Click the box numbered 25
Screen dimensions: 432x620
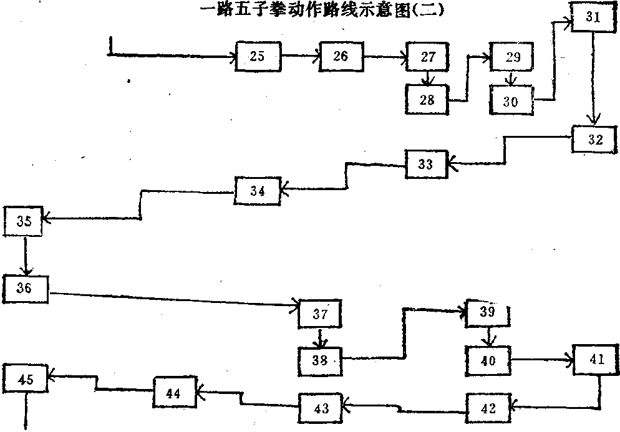258,56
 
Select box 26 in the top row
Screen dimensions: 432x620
341,56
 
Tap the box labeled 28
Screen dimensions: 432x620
427,99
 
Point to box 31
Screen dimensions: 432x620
593,17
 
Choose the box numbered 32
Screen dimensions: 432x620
595,140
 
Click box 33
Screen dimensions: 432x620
425,165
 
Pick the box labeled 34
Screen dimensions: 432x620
258,191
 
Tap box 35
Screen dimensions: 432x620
24,221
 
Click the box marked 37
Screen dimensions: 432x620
320,315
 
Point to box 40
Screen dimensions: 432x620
488,360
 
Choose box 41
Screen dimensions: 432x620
596,359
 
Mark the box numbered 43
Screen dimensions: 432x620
321,408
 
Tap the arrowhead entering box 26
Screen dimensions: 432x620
317,57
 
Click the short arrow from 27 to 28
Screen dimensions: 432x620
427,79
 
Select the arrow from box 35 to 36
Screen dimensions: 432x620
26,256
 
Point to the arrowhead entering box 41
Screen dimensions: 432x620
570,360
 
